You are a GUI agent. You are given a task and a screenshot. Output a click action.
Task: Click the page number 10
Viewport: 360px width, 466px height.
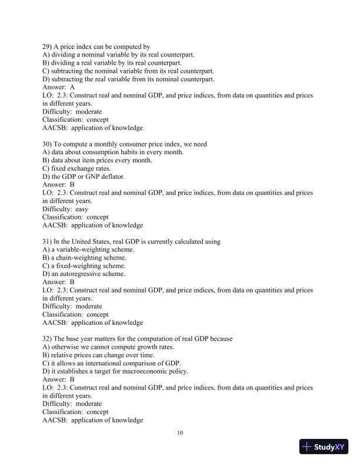[180, 433]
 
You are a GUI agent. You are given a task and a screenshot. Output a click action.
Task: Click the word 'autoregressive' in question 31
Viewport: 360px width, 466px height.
[81, 274]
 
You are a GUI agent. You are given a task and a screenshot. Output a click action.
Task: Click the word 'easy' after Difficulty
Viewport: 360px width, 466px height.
[82, 208]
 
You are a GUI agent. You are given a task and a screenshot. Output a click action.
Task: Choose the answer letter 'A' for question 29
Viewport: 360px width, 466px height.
[72, 86]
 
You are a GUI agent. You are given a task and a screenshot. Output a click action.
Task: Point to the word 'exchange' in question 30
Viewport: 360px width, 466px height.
[84, 168]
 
